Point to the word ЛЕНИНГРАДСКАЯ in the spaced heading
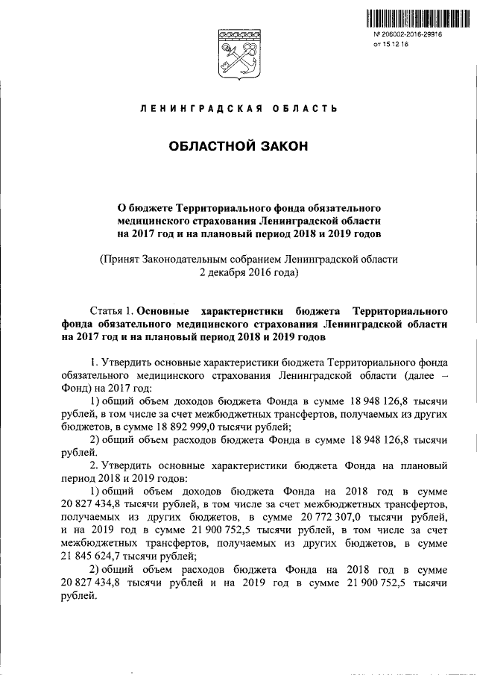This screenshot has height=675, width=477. (x=195, y=110)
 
